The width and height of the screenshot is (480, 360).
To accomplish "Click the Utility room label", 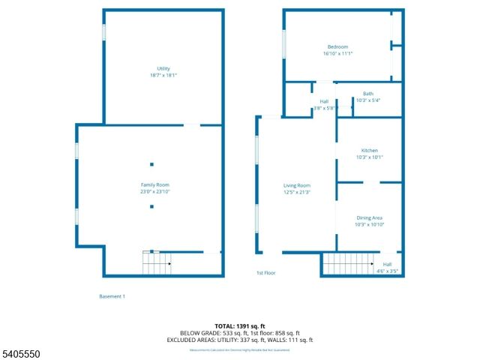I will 163,69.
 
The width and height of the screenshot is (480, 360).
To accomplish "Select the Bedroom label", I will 337,46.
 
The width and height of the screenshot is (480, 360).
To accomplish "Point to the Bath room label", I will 368,94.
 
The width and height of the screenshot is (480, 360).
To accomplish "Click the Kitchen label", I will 369,150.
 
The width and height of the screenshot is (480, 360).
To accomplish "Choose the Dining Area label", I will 369,217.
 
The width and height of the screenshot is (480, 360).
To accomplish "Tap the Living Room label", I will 296,185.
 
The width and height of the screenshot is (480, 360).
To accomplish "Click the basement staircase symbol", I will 157,263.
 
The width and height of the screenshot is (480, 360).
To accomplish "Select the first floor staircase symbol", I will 348,264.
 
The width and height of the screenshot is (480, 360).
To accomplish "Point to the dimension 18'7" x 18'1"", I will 163,76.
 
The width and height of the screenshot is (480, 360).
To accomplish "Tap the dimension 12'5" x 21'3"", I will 296,192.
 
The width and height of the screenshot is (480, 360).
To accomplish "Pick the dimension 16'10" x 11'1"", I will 337,53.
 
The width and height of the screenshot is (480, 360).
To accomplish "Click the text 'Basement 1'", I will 112,296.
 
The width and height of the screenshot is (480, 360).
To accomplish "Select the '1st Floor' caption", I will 266,273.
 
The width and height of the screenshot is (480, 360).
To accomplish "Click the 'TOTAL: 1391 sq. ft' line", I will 241,325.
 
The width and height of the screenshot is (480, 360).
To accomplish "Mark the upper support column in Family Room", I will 151,164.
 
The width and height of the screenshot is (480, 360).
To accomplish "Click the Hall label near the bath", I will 324,101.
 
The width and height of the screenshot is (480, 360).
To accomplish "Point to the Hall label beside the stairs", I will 387,264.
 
